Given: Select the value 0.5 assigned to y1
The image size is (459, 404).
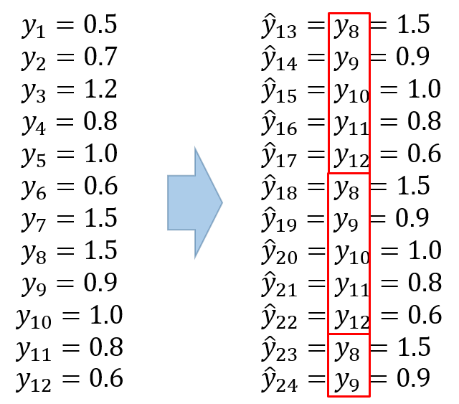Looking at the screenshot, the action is (x=100, y=24).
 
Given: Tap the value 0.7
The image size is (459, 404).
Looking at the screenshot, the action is (x=100, y=57).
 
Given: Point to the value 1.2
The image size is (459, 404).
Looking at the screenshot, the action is (x=100, y=89).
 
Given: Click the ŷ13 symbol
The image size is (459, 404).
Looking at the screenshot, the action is (x=279, y=26).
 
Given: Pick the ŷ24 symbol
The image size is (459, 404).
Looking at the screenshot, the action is (x=280, y=380).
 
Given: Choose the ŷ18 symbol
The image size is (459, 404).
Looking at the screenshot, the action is (x=279, y=188).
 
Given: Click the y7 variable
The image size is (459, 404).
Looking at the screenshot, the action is (x=34, y=220).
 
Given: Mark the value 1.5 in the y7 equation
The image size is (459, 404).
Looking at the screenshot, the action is (x=100, y=218).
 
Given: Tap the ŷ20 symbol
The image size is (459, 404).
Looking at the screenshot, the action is (x=279, y=253).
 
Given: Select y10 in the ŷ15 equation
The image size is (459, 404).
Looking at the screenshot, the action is (x=351, y=92).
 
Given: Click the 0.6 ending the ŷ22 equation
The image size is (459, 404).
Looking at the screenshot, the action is (x=425, y=315).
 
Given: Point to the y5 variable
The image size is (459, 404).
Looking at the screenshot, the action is (x=34, y=155).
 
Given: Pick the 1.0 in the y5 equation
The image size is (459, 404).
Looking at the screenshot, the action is (x=100, y=154).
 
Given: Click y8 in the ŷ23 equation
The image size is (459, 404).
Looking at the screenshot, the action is (x=346, y=350).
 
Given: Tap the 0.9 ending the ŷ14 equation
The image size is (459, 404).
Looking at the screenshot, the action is (x=412, y=57).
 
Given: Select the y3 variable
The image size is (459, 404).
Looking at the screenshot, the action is (x=34, y=91).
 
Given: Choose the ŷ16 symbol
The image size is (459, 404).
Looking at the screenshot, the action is (x=279, y=123).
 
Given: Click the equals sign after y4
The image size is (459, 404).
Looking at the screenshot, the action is (x=65, y=121).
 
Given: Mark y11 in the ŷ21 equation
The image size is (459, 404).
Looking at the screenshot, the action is (x=351, y=285).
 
